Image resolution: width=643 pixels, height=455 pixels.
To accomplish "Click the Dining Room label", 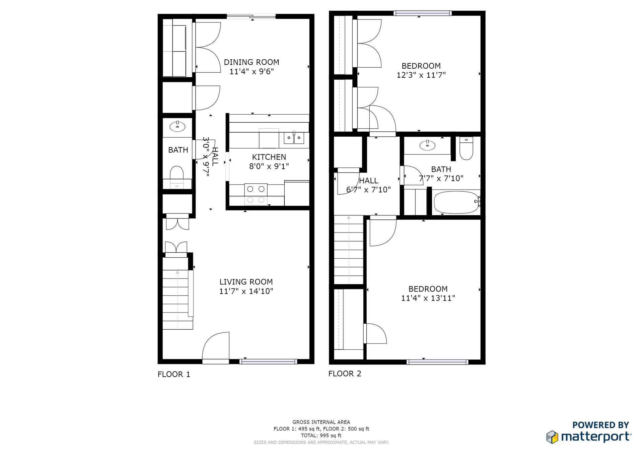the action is (x=252, y=62).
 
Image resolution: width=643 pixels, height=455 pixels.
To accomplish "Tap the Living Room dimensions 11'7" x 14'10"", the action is (x=246, y=291).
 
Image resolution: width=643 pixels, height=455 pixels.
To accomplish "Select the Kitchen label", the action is (x=269, y=157).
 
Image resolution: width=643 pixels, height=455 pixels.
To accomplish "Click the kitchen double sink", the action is (x=294, y=138).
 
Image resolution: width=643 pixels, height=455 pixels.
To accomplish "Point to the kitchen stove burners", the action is (x=256, y=194).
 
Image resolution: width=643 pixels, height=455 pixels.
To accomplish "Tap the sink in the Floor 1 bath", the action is (x=177, y=126).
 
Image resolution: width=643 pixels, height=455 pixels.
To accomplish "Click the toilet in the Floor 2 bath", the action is (x=466, y=148).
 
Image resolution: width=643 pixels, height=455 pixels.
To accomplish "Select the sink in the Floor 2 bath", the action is (x=427, y=145).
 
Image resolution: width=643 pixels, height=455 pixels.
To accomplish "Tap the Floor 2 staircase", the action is (x=349, y=250).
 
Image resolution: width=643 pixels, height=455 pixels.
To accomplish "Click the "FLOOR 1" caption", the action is (x=174, y=375).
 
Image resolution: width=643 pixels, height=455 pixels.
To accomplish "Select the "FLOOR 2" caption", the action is (x=345, y=374).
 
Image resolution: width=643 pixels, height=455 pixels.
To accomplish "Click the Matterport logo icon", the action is (x=553, y=437).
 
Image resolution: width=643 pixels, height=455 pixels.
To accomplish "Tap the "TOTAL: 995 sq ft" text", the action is (x=321, y=436).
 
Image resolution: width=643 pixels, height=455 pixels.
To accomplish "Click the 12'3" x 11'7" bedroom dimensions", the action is (x=421, y=75).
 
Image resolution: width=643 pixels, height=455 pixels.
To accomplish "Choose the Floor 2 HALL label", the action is (x=369, y=181).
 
